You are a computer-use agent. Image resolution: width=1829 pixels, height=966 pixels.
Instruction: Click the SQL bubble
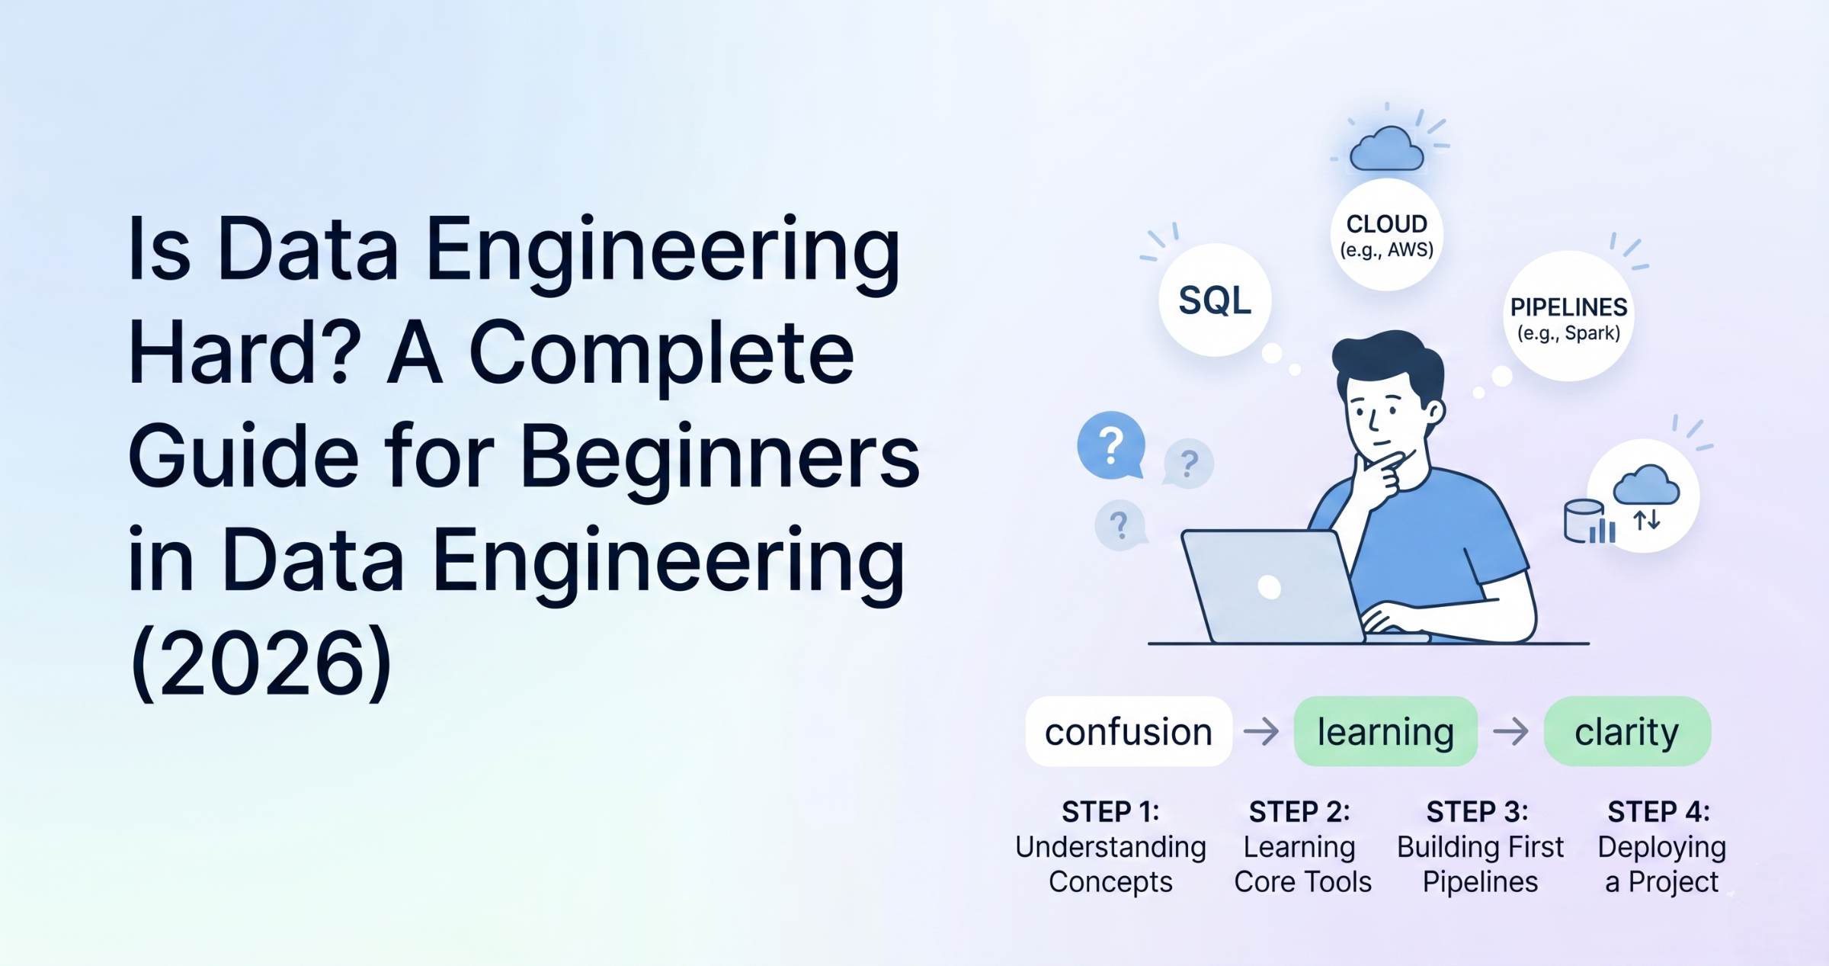(1215, 300)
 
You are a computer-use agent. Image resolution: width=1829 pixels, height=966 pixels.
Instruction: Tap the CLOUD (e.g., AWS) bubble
(1386, 235)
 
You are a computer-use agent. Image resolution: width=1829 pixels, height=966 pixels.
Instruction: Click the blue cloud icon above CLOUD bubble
(1386, 150)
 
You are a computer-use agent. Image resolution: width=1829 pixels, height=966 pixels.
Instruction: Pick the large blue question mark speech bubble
(1111, 445)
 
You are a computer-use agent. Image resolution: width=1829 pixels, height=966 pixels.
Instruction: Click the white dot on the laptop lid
(1269, 587)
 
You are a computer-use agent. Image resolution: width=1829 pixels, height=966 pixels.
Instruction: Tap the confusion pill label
(1128, 732)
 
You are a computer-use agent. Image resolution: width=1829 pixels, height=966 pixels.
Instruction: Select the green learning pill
(1385, 732)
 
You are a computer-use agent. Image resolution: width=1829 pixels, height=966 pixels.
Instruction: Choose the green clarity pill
(1627, 732)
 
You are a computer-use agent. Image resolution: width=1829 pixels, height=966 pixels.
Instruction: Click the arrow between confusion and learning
(1262, 732)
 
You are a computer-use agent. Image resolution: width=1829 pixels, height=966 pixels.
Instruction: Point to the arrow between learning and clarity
(1510, 732)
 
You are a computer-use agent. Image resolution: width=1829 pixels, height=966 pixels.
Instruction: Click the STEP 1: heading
(1110, 812)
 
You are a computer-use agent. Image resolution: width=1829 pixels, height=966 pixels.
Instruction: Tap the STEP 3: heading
(1477, 812)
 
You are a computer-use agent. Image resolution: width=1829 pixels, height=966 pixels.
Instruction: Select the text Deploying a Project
(1661, 865)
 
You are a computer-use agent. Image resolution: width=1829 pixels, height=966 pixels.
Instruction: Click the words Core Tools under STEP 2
(1302, 882)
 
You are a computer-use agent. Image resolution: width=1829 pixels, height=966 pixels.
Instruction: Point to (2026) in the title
(261, 664)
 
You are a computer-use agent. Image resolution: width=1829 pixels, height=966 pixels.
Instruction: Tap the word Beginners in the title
(719, 457)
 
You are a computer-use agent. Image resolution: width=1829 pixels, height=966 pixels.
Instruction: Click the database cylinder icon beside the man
(1584, 521)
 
